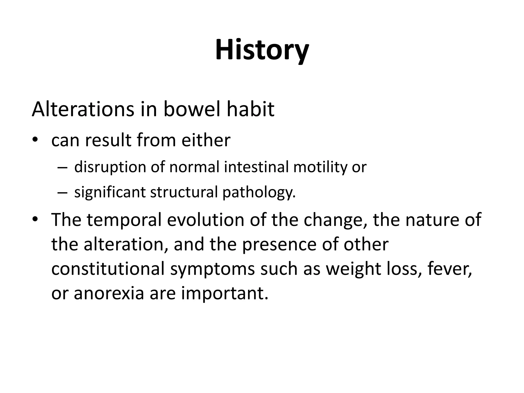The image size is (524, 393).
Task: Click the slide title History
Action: point(262,50)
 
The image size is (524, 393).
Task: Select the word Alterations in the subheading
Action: point(83,110)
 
